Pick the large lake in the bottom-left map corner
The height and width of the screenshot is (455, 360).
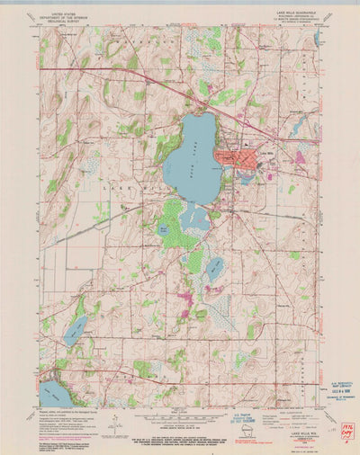coord(52,393)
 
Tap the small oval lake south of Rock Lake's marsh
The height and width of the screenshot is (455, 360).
coord(214,268)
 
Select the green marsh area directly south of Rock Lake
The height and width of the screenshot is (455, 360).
coord(171,220)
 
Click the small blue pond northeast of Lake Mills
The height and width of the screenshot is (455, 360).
coord(297,126)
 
